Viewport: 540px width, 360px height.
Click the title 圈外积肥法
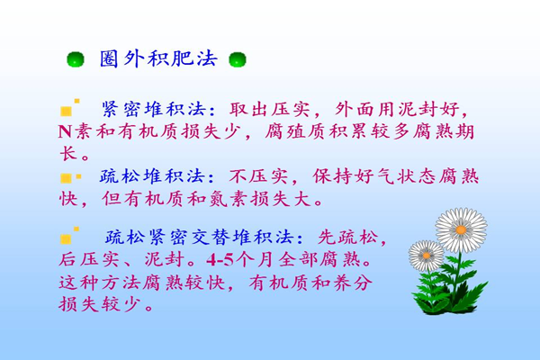point(158,58)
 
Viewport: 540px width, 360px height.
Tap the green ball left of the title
point(76,59)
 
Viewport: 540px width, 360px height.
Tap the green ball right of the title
point(238,59)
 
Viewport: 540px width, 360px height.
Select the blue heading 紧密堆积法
point(154,109)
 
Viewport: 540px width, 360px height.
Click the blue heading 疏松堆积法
point(153,176)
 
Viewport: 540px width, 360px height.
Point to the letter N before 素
point(65,131)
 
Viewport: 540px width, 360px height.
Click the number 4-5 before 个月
point(220,260)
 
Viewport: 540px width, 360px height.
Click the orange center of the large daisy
point(461,229)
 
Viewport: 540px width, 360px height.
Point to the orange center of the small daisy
point(427,256)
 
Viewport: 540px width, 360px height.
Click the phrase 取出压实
point(270,109)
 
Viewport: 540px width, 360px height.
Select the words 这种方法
point(100,283)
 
